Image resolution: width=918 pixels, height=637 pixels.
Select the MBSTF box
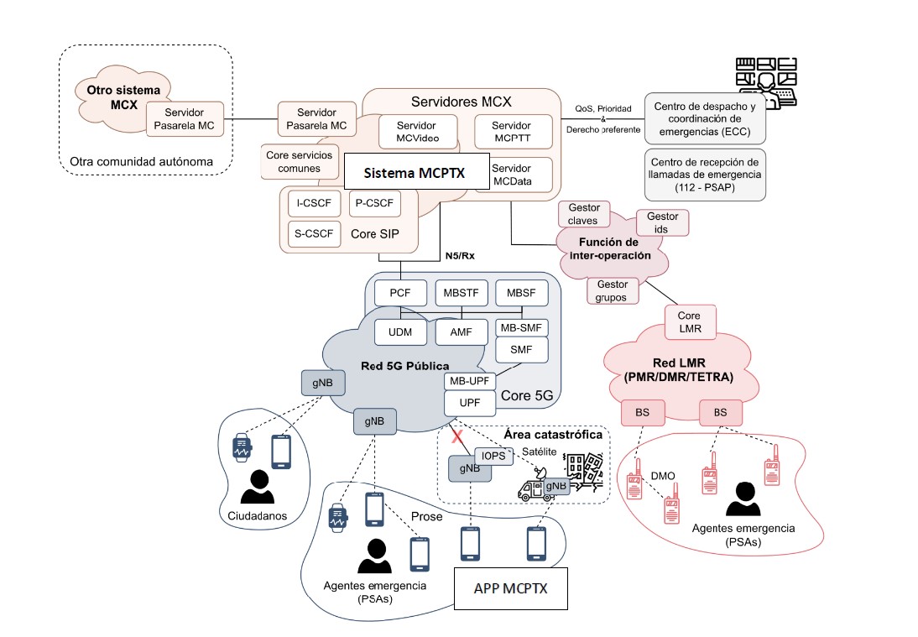click(x=461, y=294)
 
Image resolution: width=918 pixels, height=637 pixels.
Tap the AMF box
click(x=461, y=332)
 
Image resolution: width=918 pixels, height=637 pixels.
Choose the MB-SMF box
click(x=521, y=326)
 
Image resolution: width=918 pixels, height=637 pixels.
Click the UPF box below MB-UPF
click(x=470, y=402)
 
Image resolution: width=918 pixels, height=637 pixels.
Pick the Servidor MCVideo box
click(x=417, y=132)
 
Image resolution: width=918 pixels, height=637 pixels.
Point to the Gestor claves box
click(x=583, y=214)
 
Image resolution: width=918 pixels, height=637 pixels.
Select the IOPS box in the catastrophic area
click(x=493, y=456)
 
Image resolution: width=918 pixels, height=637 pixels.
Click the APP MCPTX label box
click(x=511, y=588)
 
